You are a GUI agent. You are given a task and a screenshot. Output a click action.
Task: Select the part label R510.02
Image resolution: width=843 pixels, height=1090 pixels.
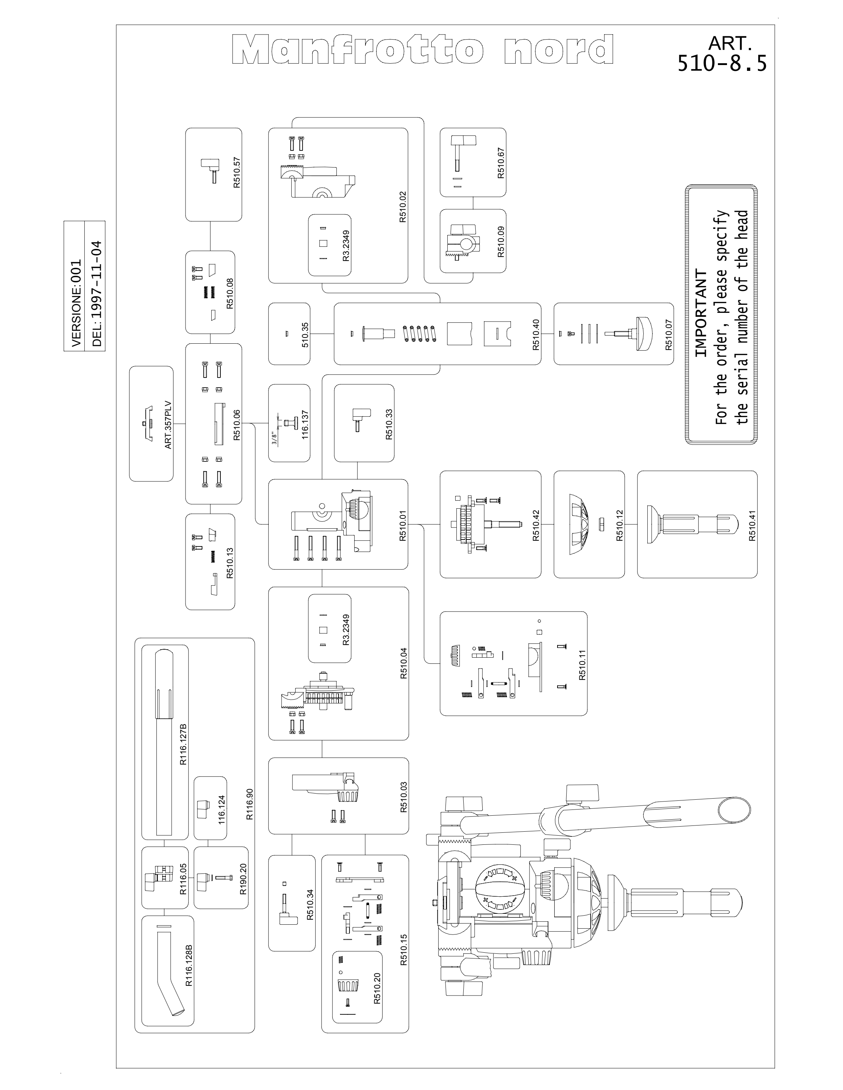[x=403, y=207]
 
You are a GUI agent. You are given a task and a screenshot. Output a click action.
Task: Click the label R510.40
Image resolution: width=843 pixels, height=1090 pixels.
[x=536, y=334]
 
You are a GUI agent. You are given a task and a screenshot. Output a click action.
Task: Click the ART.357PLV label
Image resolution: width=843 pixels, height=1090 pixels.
[x=168, y=425]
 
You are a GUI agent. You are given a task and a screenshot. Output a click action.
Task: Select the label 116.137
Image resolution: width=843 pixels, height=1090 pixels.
[x=305, y=425]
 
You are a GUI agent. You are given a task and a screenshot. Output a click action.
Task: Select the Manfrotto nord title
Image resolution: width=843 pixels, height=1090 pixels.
[x=423, y=49]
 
